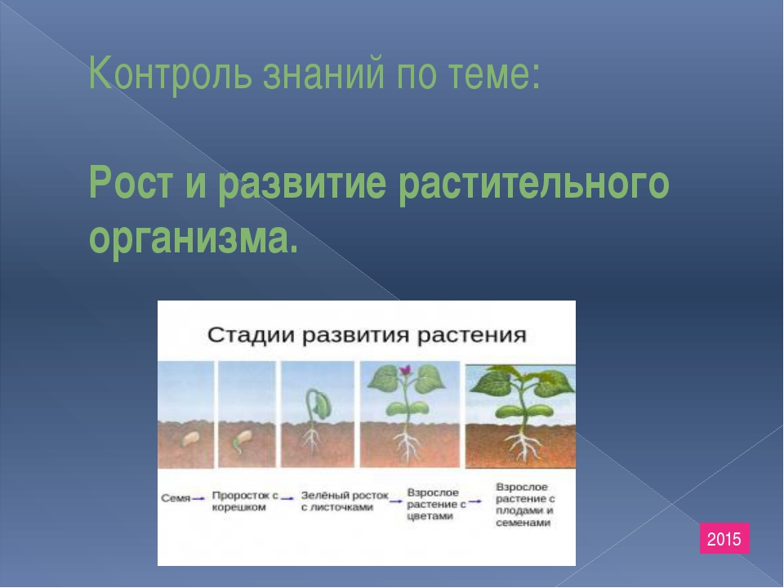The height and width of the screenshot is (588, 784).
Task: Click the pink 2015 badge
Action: point(724,538)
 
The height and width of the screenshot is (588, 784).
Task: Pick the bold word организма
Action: point(194,237)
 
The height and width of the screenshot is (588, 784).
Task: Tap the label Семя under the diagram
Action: point(176,498)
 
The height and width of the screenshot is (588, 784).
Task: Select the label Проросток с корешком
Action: point(245,501)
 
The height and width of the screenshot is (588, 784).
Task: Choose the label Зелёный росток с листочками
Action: point(345,501)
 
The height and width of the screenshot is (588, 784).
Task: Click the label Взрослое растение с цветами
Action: point(436,504)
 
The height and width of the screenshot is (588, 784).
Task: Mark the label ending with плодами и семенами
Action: point(525,505)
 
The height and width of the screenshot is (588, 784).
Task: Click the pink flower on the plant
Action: point(405,370)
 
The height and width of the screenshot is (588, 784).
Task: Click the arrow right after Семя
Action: point(198,498)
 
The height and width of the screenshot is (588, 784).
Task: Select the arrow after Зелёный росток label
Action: point(396,501)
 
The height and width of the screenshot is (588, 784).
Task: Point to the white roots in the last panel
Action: point(523,446)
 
